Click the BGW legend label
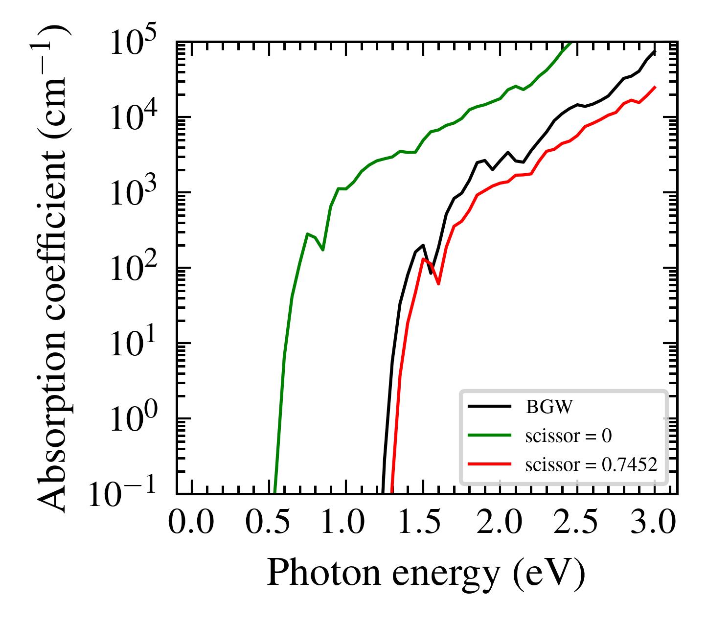(x=548, y=407)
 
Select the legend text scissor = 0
(x=568, y=436)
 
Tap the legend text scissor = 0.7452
(x=591, y=465)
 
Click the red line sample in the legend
(x=489, y=463)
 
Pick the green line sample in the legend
(x=489, y=435)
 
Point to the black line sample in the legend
(x=489, y=406)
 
